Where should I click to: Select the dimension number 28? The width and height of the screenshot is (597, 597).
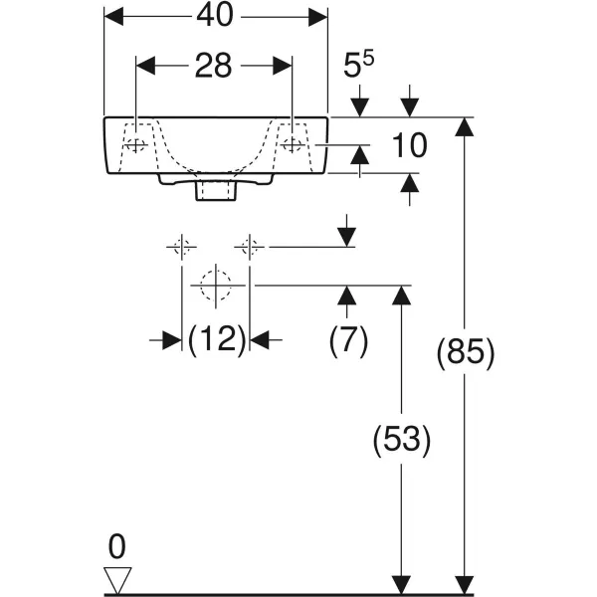(213, 66)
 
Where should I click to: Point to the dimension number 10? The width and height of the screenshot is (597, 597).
(408, 146)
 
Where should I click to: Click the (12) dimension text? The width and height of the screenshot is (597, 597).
(217, 340)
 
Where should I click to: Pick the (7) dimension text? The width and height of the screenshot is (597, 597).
(348, 340)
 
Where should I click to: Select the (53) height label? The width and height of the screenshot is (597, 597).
(401, 440)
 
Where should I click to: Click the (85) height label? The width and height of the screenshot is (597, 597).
(465, 353)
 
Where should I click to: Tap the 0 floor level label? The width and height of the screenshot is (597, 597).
(117, 546)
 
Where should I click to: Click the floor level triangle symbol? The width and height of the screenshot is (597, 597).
(117, 578)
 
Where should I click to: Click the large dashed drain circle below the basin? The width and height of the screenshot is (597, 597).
(215, 286)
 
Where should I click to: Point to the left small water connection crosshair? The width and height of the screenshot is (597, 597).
(181, 246)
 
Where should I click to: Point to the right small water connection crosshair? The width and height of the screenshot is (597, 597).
(250, 246)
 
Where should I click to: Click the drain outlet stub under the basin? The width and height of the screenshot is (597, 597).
(215, 189)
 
